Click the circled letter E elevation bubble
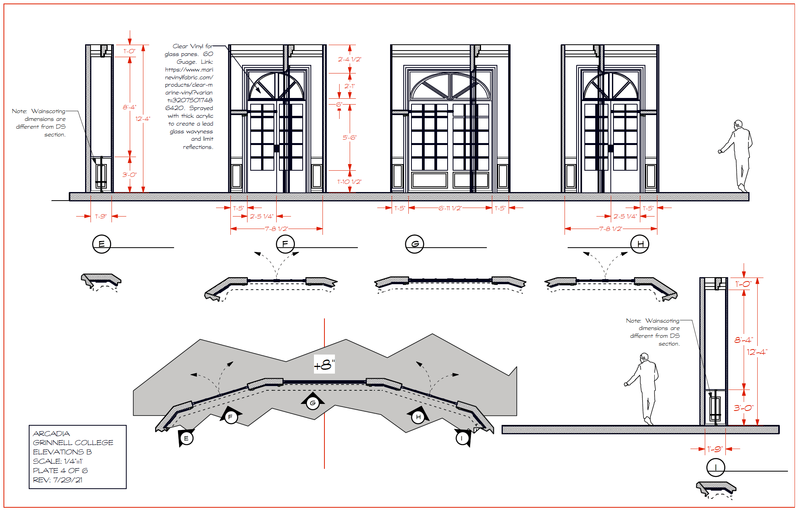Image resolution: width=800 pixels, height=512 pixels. [x=101, y=244]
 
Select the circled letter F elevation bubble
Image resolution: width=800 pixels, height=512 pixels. [x=285, y=244]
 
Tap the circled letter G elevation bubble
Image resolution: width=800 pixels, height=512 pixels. [x=415, y=244]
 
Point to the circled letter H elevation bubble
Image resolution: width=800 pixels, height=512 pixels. [x=640, y=244]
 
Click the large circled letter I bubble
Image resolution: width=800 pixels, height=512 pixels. [x=715, y=468]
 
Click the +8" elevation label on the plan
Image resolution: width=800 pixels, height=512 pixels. [x=324, y=365]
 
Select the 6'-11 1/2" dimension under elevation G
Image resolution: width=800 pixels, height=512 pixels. [x=450, y=208]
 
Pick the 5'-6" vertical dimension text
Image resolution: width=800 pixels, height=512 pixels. [x=349, y=138]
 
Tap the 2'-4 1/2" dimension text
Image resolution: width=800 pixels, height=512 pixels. [x=349, y=59]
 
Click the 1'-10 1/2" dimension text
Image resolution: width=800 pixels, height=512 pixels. [x=349, y=182]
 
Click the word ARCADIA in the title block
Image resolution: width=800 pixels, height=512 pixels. [x=51, y=433]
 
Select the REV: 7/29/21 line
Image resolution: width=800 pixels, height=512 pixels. [x=58, y=480]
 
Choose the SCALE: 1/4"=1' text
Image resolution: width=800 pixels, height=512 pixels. [x=58, y=461]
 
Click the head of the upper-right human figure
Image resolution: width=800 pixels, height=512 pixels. [x=738, y=124]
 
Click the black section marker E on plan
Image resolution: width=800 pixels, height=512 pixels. [x=186, y=438]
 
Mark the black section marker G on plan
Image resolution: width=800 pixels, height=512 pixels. [x=313, y=403]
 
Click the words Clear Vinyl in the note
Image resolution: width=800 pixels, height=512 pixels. [x=188, y=46]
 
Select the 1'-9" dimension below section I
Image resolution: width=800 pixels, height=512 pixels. [x=715, y=449]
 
